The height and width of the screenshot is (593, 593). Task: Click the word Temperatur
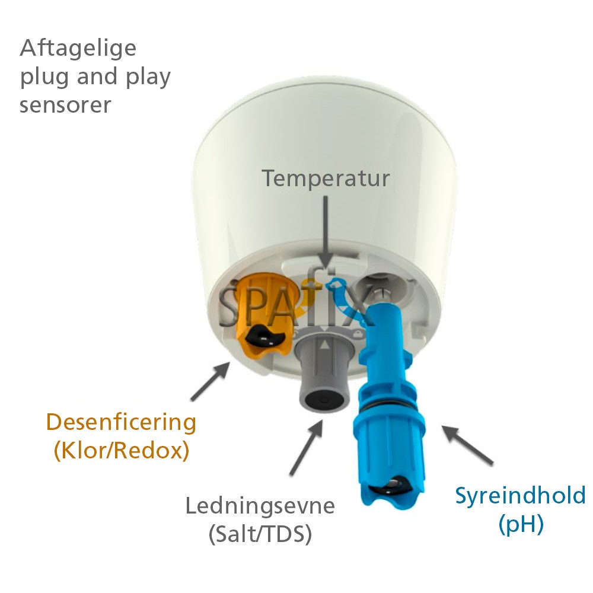point(326,178)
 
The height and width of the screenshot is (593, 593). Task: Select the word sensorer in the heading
point(65,105)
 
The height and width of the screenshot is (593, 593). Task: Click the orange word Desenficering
point(121,423)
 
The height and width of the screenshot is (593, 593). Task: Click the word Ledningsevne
point(260,506)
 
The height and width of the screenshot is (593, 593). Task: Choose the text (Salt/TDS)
point(260,535)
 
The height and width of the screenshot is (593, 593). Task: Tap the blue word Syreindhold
point(520,496)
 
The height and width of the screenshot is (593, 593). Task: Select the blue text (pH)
point(521,525)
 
